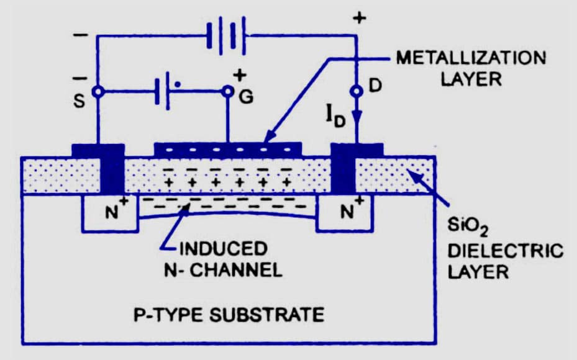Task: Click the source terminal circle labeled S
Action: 97,91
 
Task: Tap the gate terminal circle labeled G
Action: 228,92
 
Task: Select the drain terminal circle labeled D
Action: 357,91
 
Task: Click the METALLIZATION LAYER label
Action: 470,70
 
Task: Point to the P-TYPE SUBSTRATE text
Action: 229,314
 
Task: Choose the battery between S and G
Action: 163,92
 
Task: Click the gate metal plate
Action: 227,150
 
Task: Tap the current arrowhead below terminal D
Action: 357,117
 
